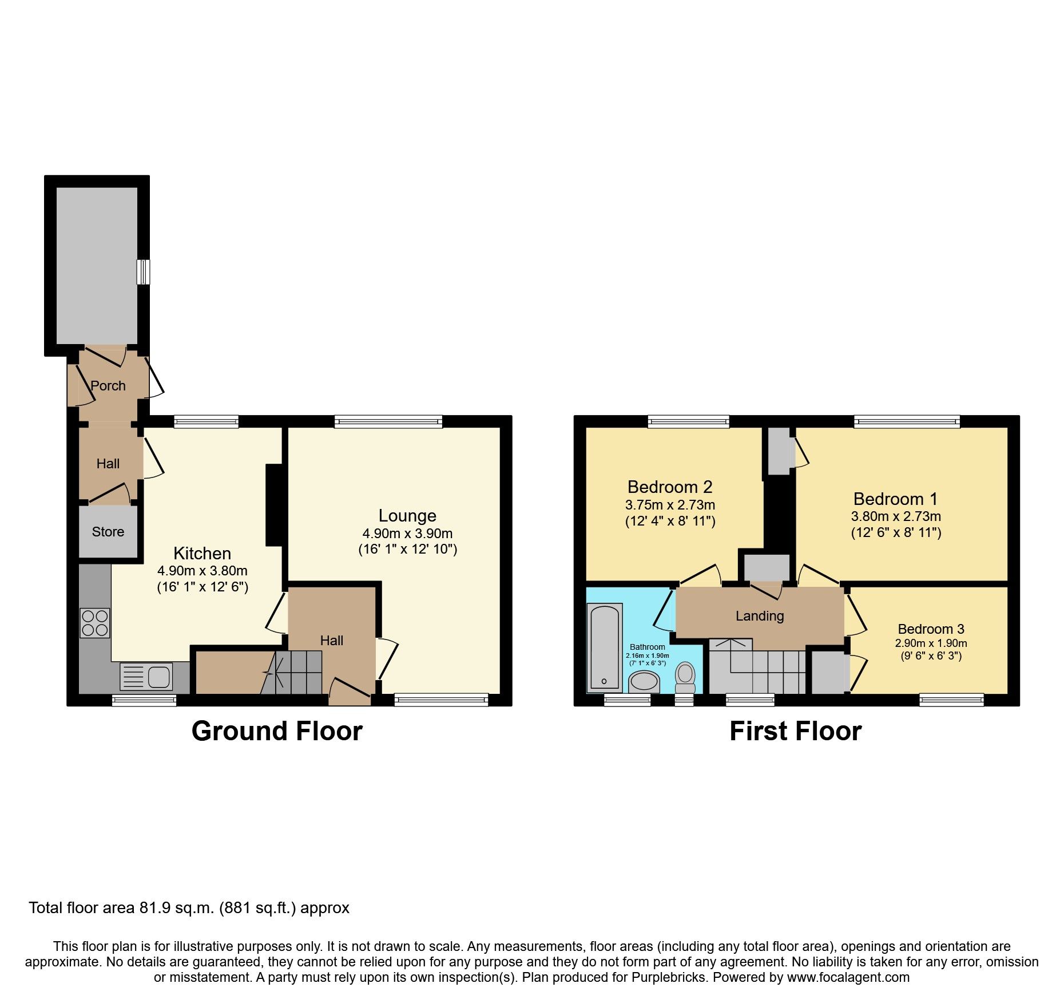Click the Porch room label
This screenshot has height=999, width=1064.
108,386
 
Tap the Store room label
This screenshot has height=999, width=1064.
108,532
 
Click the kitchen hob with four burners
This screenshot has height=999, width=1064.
95,623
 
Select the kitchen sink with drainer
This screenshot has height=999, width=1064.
146,677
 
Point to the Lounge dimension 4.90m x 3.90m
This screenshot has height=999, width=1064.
407,534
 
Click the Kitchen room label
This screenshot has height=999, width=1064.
202,554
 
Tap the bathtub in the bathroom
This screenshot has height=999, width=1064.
605,647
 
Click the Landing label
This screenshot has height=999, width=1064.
760,616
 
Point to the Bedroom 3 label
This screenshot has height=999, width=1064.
931,629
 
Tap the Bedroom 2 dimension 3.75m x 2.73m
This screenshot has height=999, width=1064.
670,505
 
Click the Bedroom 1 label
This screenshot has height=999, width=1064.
895,499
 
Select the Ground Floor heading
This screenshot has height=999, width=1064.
277,732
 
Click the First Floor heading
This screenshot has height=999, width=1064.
795,732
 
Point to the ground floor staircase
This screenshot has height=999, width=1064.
299,672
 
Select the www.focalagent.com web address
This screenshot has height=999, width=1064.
848,977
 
